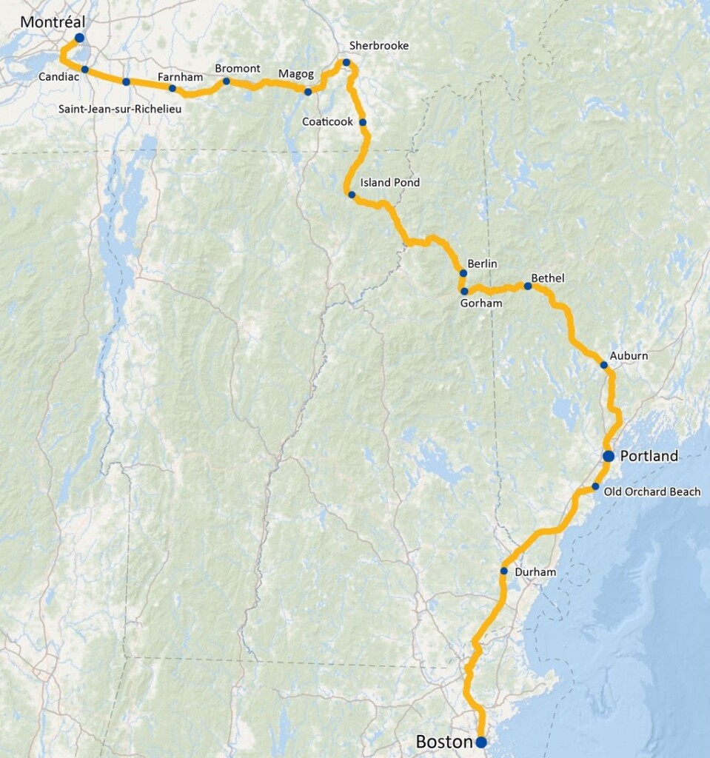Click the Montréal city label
click(51, 21)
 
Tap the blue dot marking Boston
click(480, 742)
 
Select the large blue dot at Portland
click(609, 456)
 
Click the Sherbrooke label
click(379, 46)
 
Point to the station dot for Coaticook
click(363, 122)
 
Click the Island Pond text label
click(389, 182)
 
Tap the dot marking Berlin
click(463, 273)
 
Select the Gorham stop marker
click(464, 291)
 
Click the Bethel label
click(548, 278)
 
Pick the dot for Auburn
click(604, 365)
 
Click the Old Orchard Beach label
click(652, 492)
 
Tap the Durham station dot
click(503, 571)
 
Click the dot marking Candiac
click(85, 70)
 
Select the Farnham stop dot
click(173, 88)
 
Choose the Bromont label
click(238, 69)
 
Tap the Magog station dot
click(308, 92)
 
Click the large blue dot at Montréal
click(79, 37)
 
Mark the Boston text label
click(443, 742)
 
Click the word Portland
click(649, 456)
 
